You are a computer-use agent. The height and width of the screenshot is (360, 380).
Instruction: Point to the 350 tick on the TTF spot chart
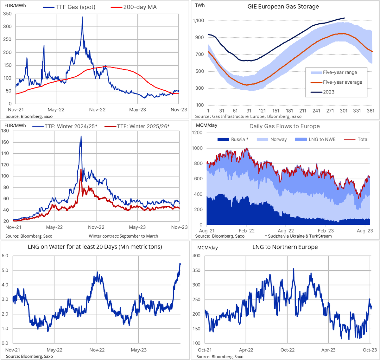tap(7, 14)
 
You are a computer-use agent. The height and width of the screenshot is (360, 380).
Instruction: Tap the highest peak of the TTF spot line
tap(82, 17)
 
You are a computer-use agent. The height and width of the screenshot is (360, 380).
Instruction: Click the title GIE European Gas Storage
tap(283, 7)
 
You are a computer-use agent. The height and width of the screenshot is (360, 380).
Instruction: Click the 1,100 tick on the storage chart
tap(198, 21)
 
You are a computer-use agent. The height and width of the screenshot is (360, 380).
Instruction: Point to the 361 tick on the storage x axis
tap(370, 111)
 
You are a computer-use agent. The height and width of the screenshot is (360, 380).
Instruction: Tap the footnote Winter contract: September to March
tap(123, 236)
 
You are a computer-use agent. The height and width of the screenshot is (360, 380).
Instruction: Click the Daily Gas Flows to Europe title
tap(284, 126)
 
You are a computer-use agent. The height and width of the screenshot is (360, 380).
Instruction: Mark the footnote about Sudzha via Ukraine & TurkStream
tap(298, 236)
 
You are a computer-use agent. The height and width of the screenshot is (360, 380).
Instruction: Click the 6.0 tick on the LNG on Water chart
tap(5, 256)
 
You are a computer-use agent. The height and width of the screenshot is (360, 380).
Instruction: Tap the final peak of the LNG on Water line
tap(180, 264)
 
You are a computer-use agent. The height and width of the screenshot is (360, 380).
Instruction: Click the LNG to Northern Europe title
tap(285, 247)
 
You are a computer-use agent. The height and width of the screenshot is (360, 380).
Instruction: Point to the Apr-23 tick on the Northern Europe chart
tap(328, 350)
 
